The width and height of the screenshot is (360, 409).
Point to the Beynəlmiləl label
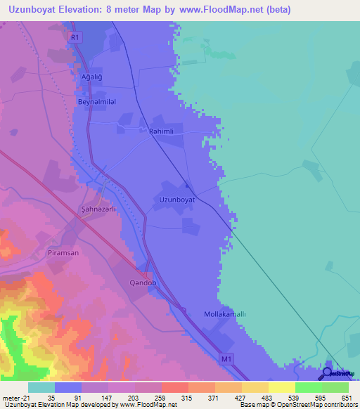(x=96, y=101)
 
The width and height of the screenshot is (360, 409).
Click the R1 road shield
(x=76, y=37)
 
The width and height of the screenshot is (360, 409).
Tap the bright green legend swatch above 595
(x=308, y=387)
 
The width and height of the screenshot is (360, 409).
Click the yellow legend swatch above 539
(x=281, y=387)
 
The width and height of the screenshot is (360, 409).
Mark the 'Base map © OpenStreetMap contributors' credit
(x=297, y=405)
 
